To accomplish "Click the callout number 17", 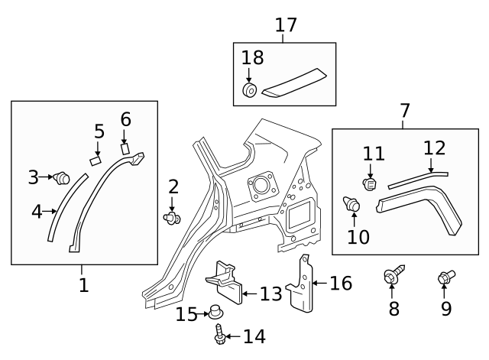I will click(285, 24).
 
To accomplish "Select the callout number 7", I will click(404, 112).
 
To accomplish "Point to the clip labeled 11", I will click(370, 184).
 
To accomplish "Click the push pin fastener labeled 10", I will click(352, 204).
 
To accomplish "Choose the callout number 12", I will click(434, 148).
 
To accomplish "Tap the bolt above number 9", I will click(445, 277).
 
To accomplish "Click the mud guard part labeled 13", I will click(225, 281).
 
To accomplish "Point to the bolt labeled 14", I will click(220, 333).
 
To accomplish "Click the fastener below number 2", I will click(172, 219).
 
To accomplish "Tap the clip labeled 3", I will click(61, 178).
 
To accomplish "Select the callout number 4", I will click(37, 210).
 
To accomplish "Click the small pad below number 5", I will click(96, 161).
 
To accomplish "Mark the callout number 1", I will click(83, 285).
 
